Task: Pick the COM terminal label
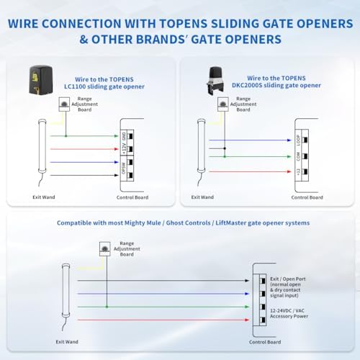pyautogui.click(x=297, y=156)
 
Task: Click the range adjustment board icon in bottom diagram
pyautogui.click(x=104, y=248)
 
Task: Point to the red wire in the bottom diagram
pyautogui.click(x=158, y=319)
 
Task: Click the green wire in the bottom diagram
pyautogui.click(x=158, y=306)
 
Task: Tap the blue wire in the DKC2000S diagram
pyautogui.click(x=252, y=140)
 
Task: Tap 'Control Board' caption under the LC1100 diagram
pyautogui.click(x=134, y=197)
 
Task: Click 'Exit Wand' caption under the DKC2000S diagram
pyautogui.click(x=202, y=197)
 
